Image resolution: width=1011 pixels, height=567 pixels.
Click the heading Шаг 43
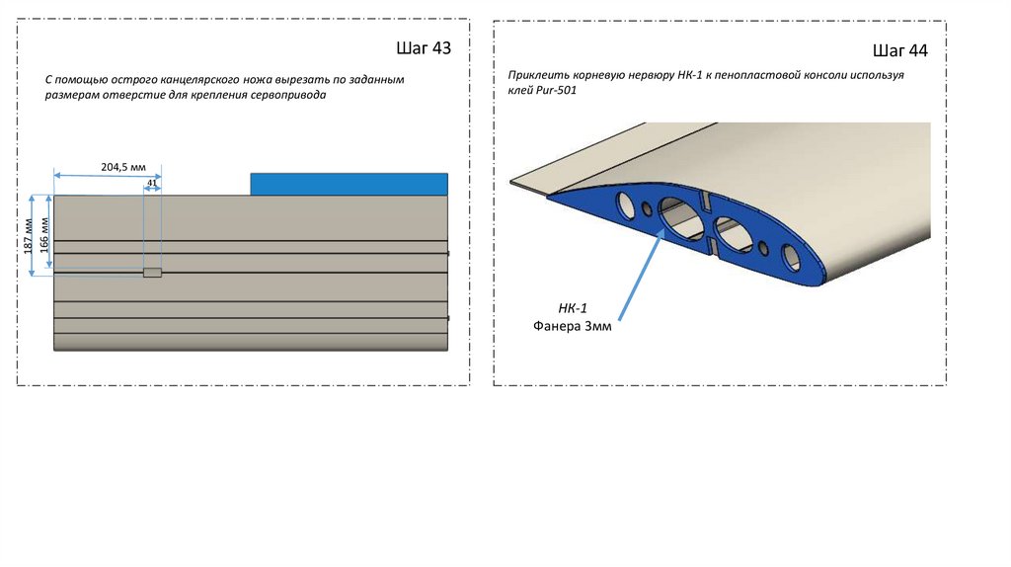click(424, 48)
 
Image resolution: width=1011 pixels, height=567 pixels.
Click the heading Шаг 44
click(900, 51)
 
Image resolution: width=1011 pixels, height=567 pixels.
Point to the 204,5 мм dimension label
click(123, 167)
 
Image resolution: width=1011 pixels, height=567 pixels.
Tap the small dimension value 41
click(152, 183)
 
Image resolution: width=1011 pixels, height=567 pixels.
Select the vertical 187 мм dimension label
click(28, 236)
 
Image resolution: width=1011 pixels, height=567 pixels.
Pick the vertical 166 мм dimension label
click(44, 235)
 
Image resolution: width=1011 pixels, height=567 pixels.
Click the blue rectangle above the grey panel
click(349, 184)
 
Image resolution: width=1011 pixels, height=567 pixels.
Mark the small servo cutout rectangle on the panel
click(152, 273)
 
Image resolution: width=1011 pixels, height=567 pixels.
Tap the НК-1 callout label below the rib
click(573, 308)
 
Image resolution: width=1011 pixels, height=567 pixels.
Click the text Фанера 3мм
click(572, 326)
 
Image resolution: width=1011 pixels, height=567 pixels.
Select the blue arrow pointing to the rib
click(641, 275)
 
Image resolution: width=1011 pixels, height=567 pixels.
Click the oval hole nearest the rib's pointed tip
click(625, 204)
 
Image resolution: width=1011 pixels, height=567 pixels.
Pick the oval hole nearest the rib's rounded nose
click(791, 257)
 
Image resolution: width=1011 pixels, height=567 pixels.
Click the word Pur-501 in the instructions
click(557, 90)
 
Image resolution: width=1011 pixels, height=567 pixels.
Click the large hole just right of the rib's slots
click(734, 233)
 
